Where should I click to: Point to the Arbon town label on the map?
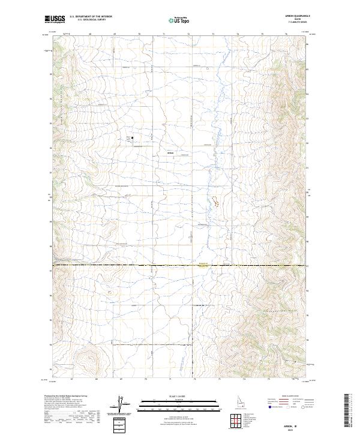pos(170,153)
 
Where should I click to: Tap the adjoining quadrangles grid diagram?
pos(237,419)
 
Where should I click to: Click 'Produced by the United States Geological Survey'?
pos(67,396)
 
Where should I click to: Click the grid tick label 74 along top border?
pos(238,35)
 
